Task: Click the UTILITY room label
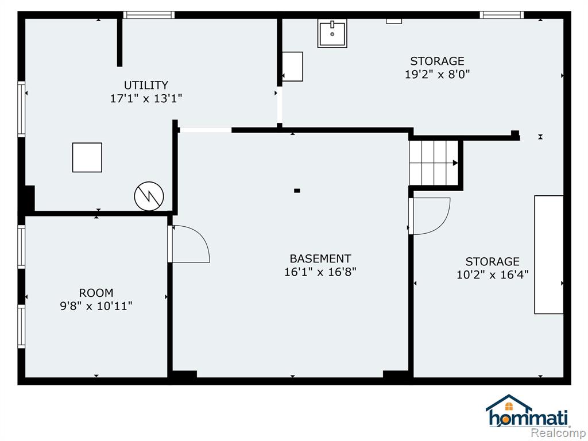tap(146, 85)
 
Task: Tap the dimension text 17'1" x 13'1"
tap(146, 99)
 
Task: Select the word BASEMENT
tap(320, 259)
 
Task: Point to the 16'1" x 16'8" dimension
tap(320, 272)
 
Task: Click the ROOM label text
tap(96, 293)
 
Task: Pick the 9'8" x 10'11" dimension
tap(96, 307)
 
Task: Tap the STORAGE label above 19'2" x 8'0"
tap(437, 61)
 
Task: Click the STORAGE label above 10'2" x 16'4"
tap(492, 261)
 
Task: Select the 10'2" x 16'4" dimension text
tap(492, 275)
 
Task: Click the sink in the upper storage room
tap(332, 33)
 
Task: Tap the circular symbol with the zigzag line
tap(149, 196)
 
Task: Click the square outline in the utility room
tap(87, 157)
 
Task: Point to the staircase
tap(434, 163)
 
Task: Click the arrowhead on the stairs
tap(455, 163)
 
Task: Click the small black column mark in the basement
tap(297, 191)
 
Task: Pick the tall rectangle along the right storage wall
tap(548, 254)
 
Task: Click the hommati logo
tap(528, 411)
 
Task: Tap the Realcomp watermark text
tap(559, 432)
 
